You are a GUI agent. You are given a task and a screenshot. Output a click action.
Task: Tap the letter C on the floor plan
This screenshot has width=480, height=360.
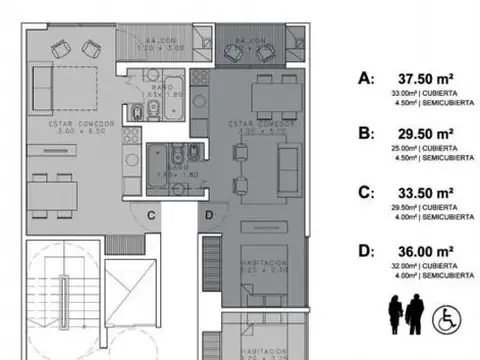click(x=150, y=214)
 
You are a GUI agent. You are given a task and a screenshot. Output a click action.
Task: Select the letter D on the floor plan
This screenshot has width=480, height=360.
click(x=209, y=214)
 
